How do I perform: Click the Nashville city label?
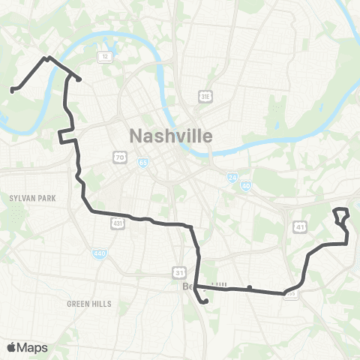point(171,136)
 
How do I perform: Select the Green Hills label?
point(88,304)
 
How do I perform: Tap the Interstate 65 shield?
point(142,162)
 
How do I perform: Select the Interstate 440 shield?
point(100,253)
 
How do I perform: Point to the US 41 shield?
point(299,225)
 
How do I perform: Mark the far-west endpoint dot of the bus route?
point(12,91)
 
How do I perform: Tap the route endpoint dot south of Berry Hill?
point(205,302)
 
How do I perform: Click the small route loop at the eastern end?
point(342,216)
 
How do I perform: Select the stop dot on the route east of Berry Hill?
point(249,287)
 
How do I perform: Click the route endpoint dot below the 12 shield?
point(79,79)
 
